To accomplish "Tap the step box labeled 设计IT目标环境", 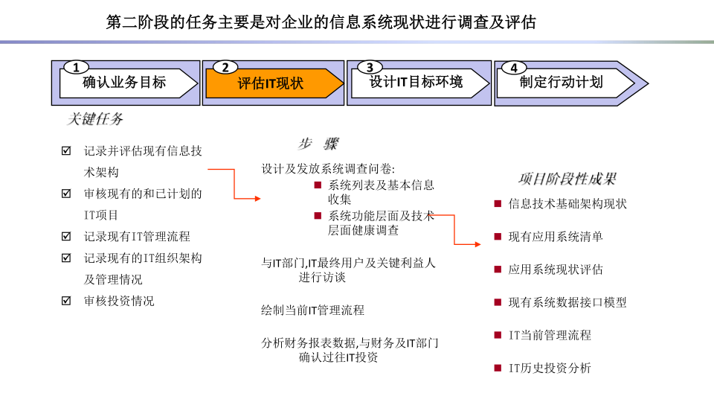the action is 419,83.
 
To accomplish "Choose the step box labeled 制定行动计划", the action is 565,83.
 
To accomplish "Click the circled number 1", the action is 76,68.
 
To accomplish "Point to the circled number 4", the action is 514,68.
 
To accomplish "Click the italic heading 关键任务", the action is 94,119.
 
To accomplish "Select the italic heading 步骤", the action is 318,144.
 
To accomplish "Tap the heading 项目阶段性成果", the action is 567,179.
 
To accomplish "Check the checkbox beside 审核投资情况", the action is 66,300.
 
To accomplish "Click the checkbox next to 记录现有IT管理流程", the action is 66,236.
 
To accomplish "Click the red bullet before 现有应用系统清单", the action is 498,237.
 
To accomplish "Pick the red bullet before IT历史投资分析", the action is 498,368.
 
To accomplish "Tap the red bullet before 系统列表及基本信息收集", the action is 318,185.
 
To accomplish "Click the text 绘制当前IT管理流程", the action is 313,310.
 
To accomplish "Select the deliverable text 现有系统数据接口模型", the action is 567,302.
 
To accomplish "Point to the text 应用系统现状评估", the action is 556,269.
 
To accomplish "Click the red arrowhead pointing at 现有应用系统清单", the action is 477,244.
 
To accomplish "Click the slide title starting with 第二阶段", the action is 321,22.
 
